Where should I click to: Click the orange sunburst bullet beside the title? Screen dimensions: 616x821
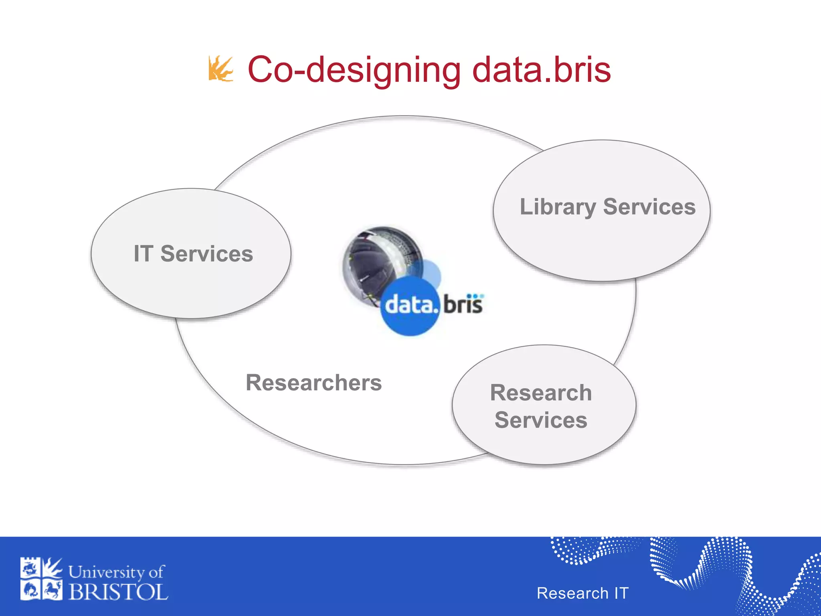click(220, 69)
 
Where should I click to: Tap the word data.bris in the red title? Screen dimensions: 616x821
click(541, 70)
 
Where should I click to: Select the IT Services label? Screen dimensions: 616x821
click(193, 254)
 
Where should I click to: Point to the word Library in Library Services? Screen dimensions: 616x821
click(558, 207)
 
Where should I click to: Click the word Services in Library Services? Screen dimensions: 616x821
click(649, 207)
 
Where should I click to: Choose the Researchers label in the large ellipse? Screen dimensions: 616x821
click(313, 383)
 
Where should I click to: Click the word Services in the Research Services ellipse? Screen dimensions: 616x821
click(541, 420)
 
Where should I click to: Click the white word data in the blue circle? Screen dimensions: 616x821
click(409, 306)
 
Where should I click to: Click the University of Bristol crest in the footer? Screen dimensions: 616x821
click(41, 579)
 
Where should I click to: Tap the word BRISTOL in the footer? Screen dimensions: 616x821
click(118, 592)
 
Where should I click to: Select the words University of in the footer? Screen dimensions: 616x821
click(116, 572)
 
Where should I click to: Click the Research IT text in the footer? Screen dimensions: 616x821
click(582, 593)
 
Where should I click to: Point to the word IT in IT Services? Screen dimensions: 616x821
click(143, 254)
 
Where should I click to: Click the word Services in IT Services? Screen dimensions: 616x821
click(206, 254)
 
